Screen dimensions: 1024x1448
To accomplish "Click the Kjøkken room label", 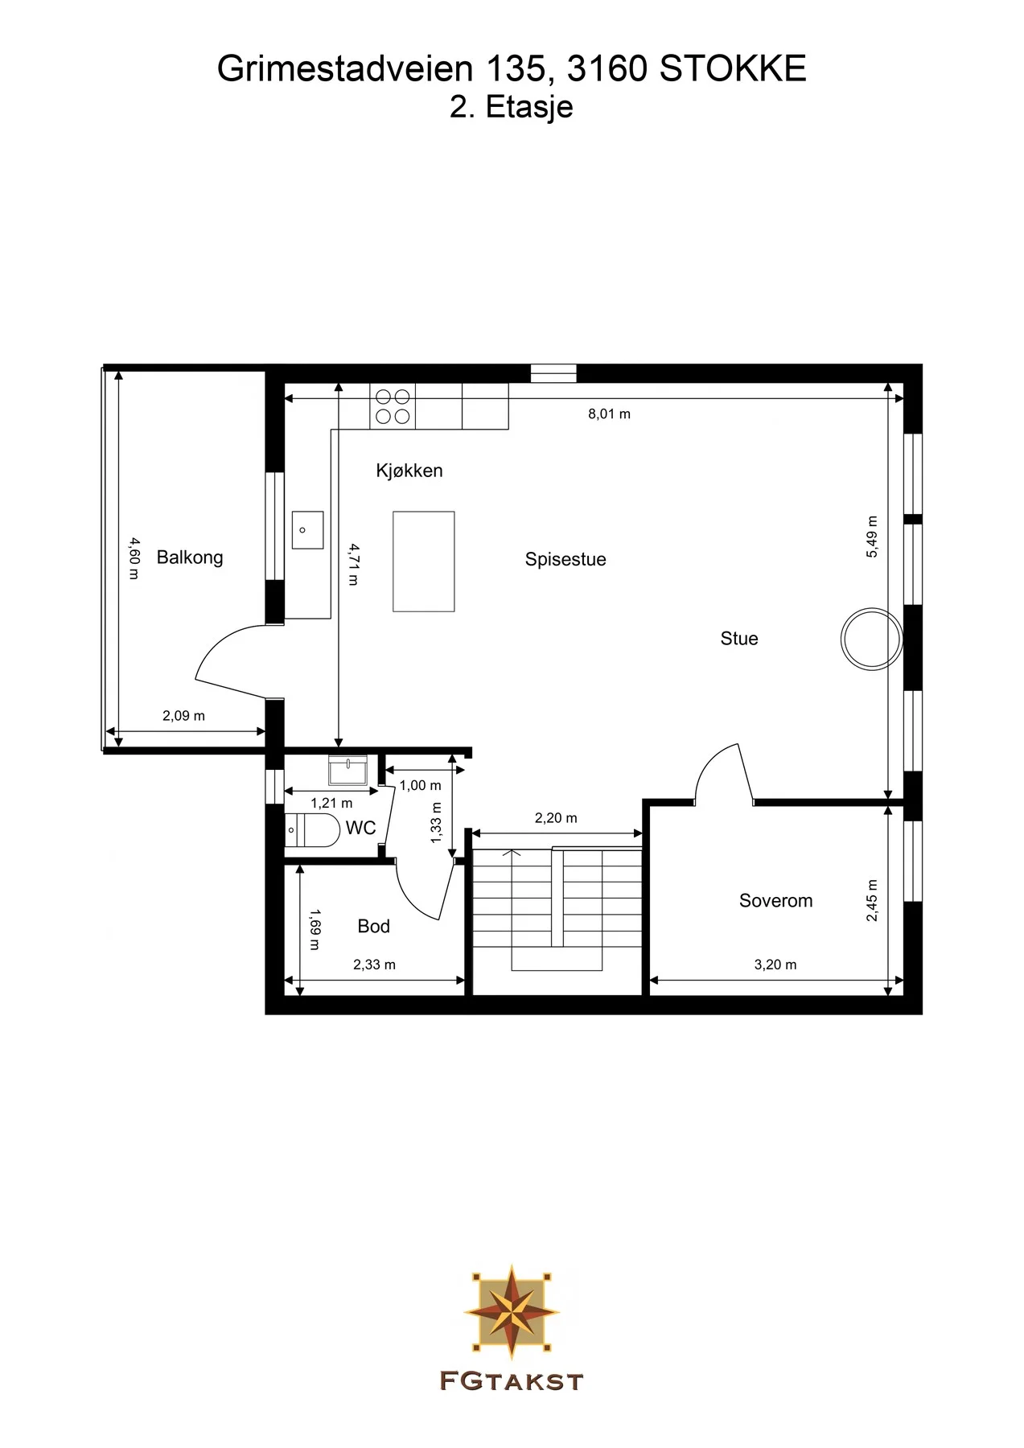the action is pos(409,471).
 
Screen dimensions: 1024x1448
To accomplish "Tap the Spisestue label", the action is pos(565,560).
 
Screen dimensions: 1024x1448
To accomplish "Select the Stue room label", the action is pos(739,639).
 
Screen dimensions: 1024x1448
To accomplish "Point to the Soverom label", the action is pos(775,901).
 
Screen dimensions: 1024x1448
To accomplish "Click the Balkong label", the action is pos(190,557).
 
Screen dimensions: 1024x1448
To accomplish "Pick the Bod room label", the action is pos(373,927).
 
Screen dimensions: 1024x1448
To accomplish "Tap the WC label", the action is pos(361,828).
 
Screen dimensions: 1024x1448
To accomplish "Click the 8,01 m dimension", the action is pos(609,414).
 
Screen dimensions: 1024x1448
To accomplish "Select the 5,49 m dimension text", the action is pos(873,537).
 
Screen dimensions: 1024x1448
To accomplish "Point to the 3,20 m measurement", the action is pos(775,965).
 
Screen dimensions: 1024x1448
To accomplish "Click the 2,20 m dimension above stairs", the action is pos(556,818).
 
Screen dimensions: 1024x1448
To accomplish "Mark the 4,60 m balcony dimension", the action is pos(134,558).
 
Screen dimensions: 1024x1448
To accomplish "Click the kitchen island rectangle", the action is pos(424,562).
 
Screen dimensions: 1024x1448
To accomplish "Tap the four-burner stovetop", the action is pos(393,406).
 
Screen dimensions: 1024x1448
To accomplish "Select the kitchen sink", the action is pos(307,530).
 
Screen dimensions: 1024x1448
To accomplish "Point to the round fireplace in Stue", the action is pos(871,640).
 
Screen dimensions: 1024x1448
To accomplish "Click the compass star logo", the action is pos(512,1310).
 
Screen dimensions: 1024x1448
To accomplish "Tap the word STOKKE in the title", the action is pos(733,70).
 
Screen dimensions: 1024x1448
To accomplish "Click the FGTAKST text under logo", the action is pos(512,1381).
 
